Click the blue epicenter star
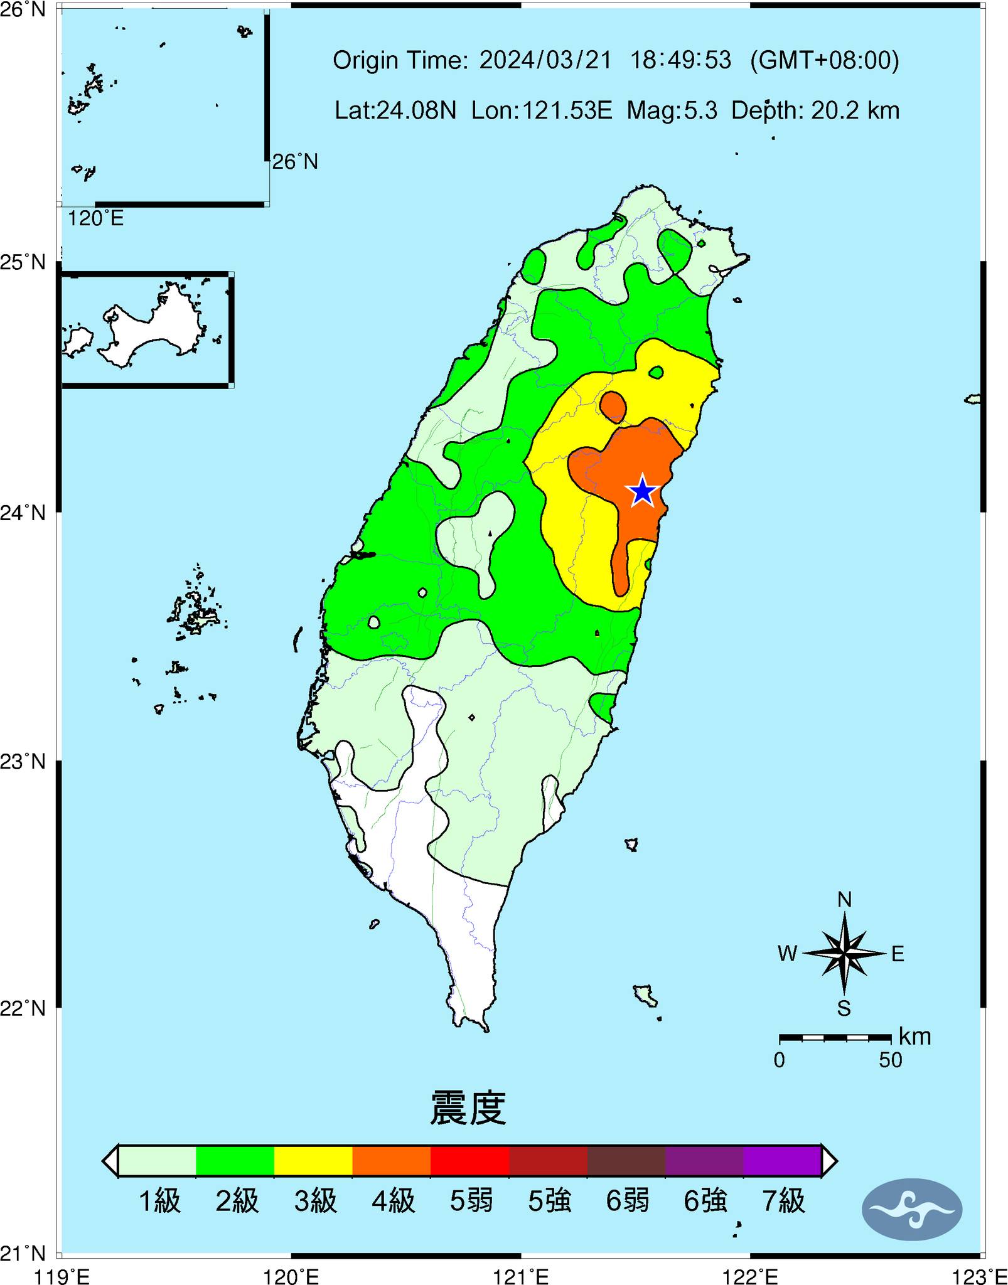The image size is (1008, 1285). (643, 491)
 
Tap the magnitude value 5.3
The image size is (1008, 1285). (702, 111)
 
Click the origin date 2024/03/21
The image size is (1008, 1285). (545, 60)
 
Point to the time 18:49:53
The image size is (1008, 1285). (680, 60)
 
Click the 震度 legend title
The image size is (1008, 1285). (468, 1107)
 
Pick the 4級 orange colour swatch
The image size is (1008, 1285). (391, 1161)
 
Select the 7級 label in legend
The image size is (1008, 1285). (783, 1200)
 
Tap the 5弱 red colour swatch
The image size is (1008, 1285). (469, 1161)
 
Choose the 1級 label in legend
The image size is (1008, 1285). (159, 1200)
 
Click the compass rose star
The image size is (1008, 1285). (844, 954)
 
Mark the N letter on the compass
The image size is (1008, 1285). (844, 900)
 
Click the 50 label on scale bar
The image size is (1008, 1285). (890, 1060)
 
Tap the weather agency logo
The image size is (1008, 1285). (911, 1208)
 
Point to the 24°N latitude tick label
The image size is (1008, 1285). (23, 513)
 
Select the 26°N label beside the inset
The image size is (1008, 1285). (294, 162)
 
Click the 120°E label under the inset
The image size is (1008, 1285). (95, 218)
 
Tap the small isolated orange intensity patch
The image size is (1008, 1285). (613, 406)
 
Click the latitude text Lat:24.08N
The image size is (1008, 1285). (395, 111)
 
